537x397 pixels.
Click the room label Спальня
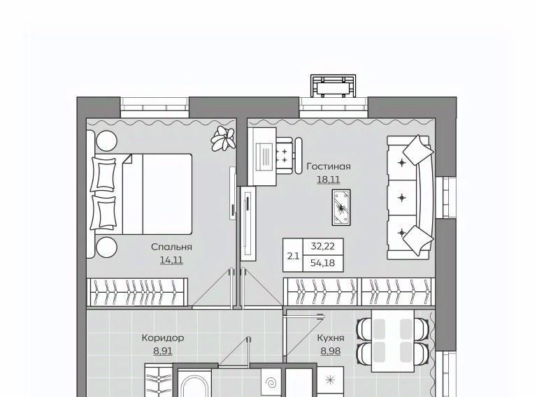(171, 247)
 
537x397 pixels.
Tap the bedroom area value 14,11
(171, 261)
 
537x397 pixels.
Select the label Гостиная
(329, 166)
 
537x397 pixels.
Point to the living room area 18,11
(329, 180)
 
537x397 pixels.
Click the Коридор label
(163, 338)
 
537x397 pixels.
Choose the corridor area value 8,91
(163, 351)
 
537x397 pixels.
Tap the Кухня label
(331, 338)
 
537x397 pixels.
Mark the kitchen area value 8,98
(331, 351)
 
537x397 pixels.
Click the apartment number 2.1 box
(293, 256)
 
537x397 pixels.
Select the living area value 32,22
(323, 247)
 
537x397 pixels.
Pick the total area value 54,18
(323, 264)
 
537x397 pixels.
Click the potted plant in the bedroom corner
(223, 138)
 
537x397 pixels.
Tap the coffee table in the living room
(341, 207)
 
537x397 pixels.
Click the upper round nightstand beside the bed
(106, 140)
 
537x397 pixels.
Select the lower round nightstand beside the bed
(106, 247)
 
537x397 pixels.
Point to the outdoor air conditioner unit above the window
(333, 86)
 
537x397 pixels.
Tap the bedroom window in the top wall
(155, 108)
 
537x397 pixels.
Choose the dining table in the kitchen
(393, 341)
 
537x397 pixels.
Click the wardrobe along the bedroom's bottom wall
(137, 292)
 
